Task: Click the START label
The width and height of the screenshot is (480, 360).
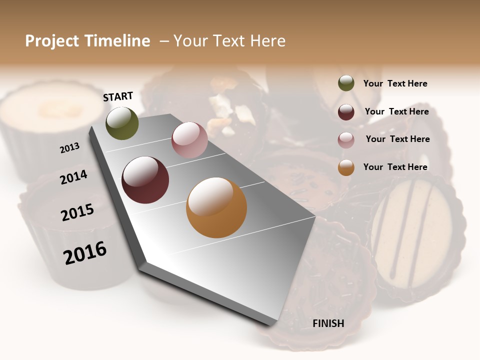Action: [x=118, y=96]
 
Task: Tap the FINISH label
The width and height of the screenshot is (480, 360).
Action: [x=328, y=323]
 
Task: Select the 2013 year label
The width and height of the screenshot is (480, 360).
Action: [x=69, y=148]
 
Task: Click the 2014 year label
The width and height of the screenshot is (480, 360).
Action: [x=73, y=177]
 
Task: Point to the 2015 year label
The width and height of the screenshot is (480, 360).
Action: [x=77, y=212]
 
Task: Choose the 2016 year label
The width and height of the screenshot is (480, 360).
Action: [x=85, y=252]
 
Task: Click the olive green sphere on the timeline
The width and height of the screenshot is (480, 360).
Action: [x=122, y=123]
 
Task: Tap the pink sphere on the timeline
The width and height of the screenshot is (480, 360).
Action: [x=189, y=140]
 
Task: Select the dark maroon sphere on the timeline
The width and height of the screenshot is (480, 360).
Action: [x=145, y=180]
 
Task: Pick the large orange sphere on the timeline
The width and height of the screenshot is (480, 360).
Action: [x=216, y=207]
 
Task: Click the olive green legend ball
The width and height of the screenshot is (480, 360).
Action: [x=346, y=83]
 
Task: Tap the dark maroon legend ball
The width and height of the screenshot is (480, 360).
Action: [x=346, y=112]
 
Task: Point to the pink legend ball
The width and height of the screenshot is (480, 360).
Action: [x=346, y=140]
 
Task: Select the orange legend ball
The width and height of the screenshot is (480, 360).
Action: [x=346, y=167]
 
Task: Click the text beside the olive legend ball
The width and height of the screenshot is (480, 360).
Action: [x=395, y=83]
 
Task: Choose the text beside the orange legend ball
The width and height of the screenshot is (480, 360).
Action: [x=395, y=167]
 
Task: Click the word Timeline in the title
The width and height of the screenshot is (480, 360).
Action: [x=117, y=41]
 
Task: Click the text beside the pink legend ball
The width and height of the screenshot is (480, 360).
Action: [x=397, y=139]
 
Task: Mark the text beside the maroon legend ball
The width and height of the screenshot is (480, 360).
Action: [x=396, y=111]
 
